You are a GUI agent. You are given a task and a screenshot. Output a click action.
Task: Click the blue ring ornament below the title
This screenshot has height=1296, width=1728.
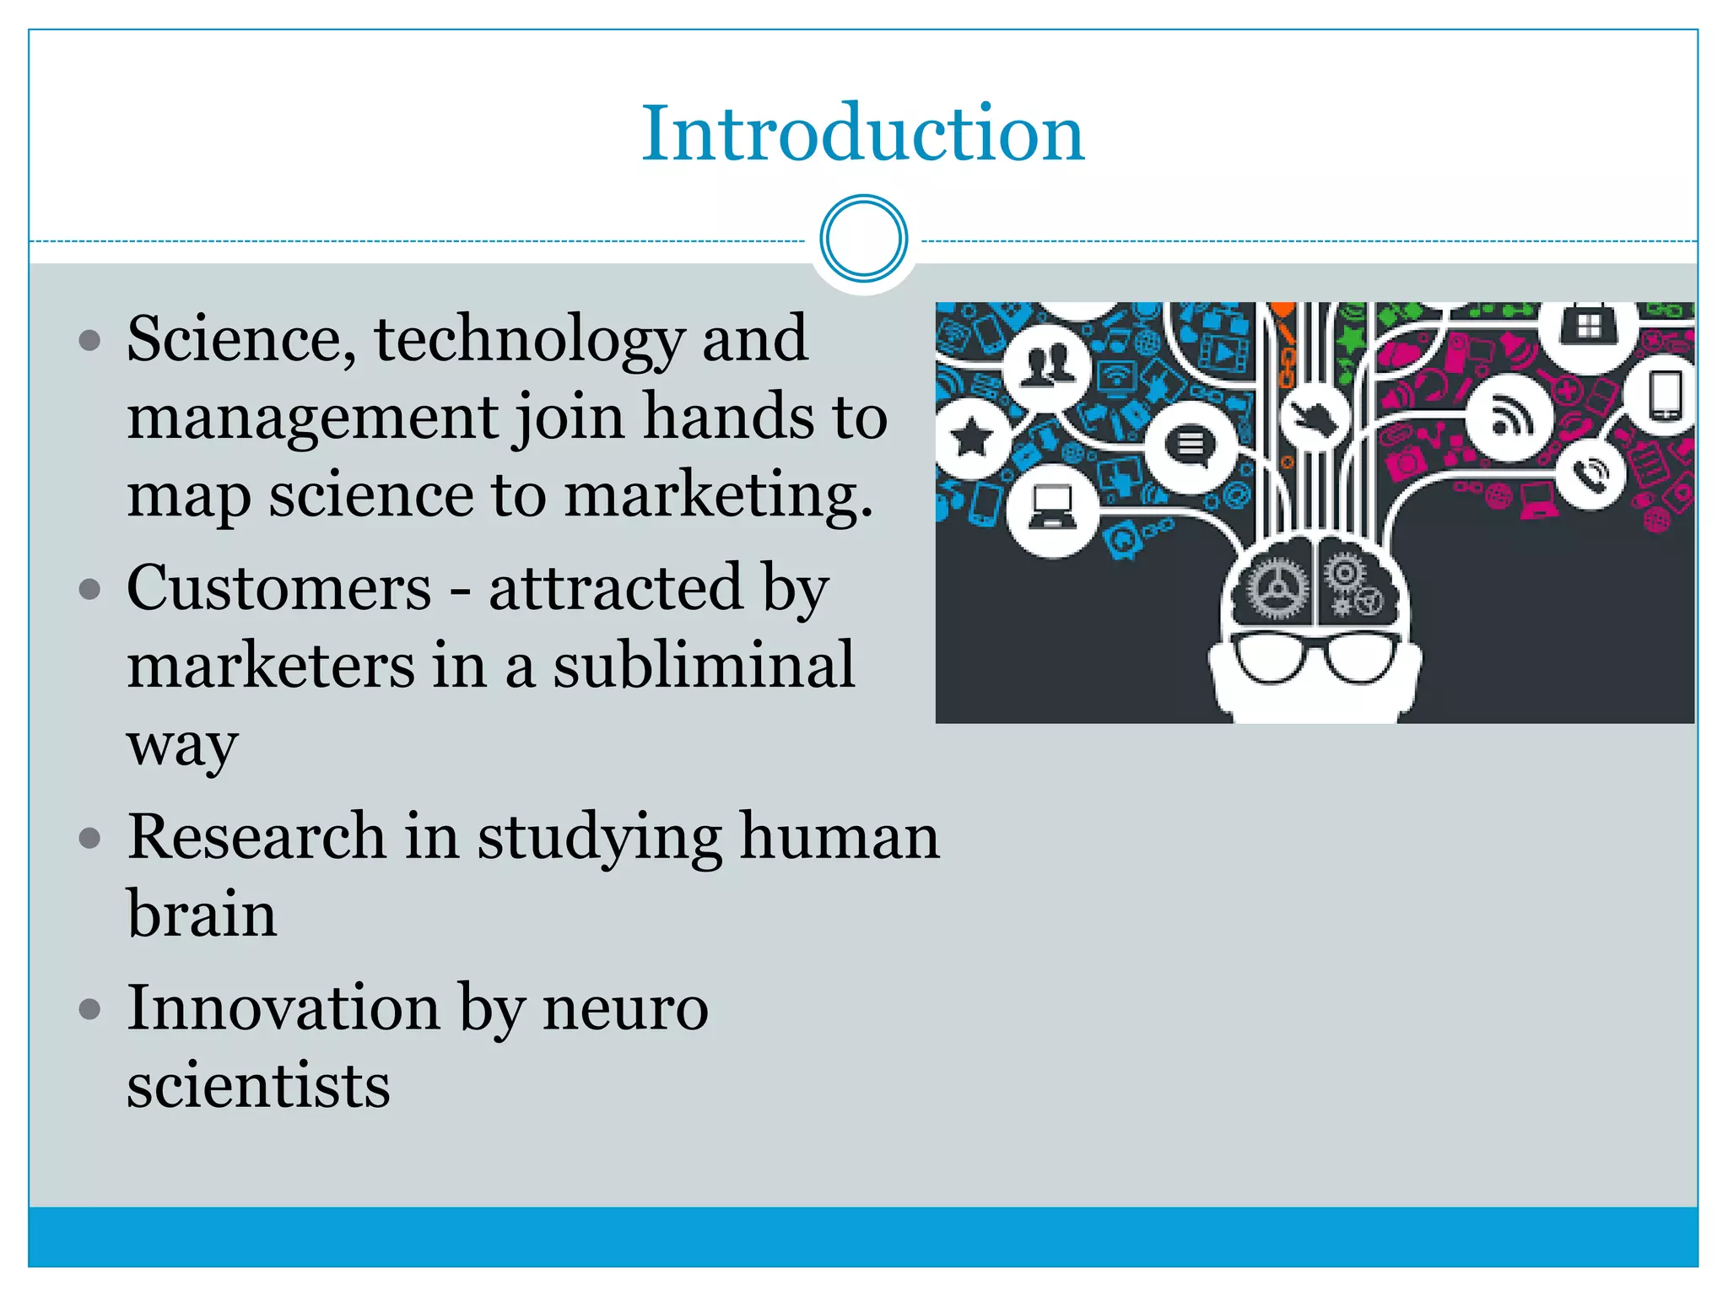coord(863,239)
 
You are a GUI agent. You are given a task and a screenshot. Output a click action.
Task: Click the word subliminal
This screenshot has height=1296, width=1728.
coord(704,665)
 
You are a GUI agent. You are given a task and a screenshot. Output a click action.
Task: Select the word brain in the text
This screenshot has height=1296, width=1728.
coord(202,914)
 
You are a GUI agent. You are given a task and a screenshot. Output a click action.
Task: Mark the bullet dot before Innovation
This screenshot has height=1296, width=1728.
coord(89,1009)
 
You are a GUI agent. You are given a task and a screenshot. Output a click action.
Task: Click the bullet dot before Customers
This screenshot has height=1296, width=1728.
coord(89,589)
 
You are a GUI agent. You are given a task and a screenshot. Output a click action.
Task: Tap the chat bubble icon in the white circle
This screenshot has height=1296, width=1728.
coord(1190,445)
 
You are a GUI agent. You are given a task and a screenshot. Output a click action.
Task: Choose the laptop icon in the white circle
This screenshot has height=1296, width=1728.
coord(1052,509)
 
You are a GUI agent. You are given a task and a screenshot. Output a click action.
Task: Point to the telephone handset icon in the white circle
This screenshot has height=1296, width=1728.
coord(1591,474)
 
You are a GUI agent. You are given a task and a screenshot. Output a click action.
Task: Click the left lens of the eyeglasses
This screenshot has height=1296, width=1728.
coord(1268,656)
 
